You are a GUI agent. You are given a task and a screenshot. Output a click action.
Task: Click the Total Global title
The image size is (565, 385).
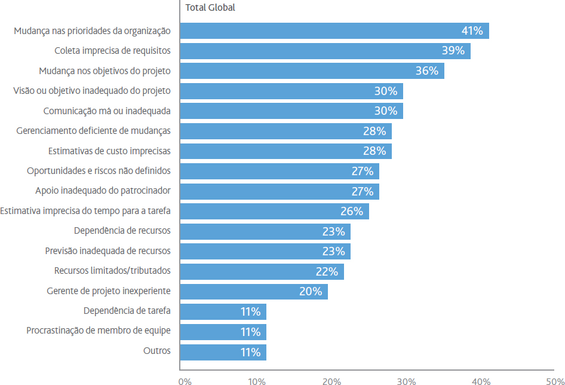coord(210,8)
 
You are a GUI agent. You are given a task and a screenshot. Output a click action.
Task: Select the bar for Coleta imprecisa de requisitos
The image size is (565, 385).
coord(325,51)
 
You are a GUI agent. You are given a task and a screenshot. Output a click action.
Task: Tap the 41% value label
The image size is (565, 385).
coord(472,30)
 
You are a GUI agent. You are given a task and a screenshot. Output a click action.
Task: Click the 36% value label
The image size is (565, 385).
coord(426,71)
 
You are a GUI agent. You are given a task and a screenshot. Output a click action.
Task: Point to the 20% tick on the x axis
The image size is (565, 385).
coord(332,381)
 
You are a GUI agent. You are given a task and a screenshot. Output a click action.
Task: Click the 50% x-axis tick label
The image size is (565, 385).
coord(555,381)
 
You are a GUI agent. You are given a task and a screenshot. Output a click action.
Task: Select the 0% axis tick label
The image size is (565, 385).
coord(185,381)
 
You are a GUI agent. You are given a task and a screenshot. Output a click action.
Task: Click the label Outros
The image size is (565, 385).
coord(156,351)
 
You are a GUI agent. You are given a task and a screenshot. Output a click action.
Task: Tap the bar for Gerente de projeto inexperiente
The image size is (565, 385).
coord(254,292)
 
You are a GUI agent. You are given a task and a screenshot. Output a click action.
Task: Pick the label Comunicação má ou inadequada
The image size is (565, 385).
coord(107,111)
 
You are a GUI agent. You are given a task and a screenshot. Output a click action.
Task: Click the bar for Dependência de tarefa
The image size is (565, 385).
coord(223,311)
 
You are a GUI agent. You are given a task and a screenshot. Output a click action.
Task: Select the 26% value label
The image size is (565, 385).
coord(352,211)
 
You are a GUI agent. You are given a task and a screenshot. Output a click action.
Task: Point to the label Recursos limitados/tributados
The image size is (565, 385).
coord(112,271)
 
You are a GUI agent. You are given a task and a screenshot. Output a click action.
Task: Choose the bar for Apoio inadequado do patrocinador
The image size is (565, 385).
coord(280,191)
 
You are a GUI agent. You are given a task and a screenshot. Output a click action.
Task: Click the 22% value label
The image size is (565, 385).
coord(327,271)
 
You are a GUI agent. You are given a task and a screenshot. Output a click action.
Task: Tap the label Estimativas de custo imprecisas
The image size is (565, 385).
coord(109,151)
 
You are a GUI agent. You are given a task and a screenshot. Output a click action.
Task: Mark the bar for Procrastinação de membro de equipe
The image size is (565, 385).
coord(223,332)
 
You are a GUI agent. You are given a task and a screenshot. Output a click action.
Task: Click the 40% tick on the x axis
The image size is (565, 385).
coord(481,381)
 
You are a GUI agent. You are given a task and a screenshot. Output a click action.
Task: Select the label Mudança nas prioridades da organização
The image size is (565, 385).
coord(92,31)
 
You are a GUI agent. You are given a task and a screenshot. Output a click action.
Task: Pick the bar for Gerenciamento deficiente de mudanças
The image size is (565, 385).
coord(285,132)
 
